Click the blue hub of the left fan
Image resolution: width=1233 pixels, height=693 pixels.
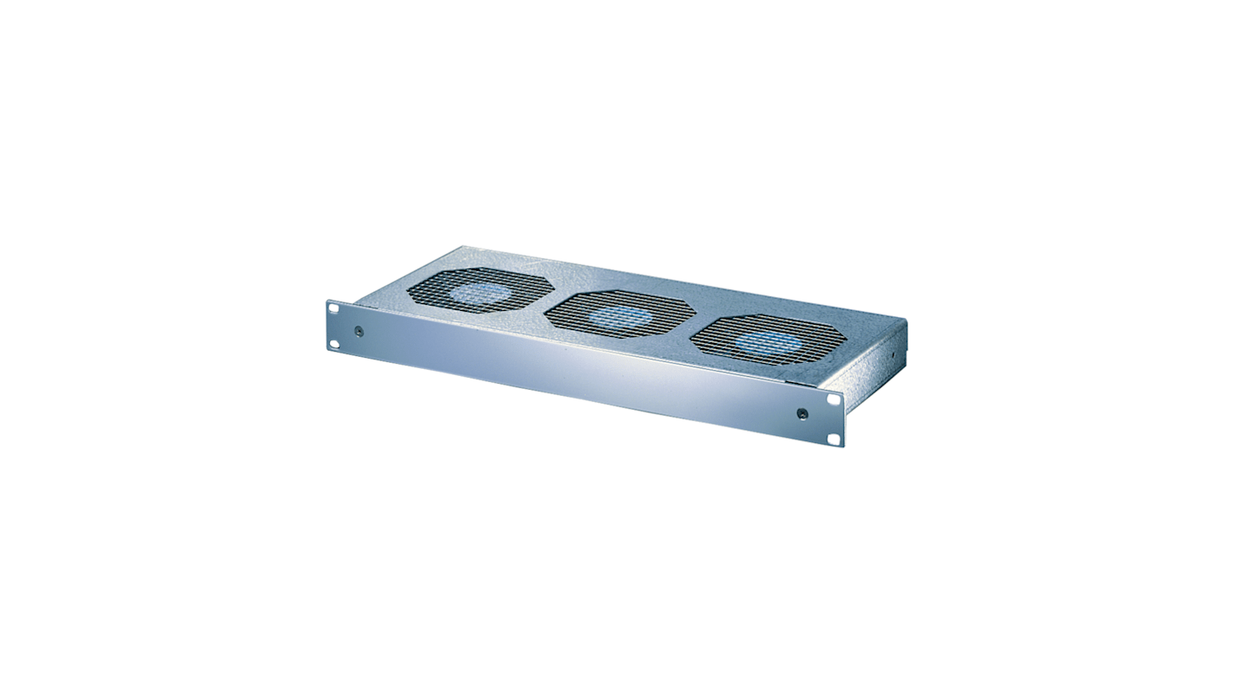coord(479,293)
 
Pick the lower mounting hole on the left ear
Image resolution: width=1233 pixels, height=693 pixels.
coord(333,344)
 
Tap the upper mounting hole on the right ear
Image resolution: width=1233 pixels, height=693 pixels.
coord(834,400)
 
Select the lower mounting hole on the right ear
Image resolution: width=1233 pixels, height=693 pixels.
coord(834,440)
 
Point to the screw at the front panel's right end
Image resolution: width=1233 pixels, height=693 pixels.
coord(802,414)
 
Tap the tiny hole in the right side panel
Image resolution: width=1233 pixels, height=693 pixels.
coord(891,354)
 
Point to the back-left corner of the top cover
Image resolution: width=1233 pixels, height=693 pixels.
coord(464,247)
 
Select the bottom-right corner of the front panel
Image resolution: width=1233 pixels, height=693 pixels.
coord(841,446)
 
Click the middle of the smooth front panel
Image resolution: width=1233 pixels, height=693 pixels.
coord(582,373)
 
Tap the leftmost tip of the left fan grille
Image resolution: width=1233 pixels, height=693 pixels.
coord(408,290)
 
